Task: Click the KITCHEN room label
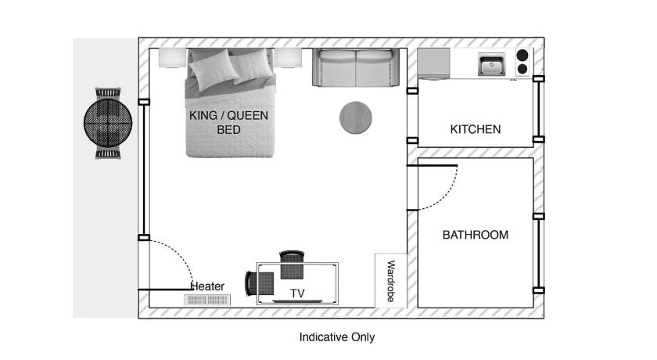(476, 129)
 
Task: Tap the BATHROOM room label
(476, 235)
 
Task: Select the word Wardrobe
(390, 281)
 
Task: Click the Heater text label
(208, 286)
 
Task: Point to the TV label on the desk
(297, 293)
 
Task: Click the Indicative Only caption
(337, 337)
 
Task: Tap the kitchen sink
(491, 64)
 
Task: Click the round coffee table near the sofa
(355, 117)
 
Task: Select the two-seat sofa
(356, 67)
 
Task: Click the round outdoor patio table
(108, 123)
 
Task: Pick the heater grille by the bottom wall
(207, 300)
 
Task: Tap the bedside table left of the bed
(173, 57)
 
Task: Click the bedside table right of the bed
(288, 57)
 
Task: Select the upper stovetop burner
(522, 55)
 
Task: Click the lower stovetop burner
(522, 69)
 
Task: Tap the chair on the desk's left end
(259, 284)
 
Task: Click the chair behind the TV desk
(292, 265)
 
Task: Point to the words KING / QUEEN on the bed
(228, 115)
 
